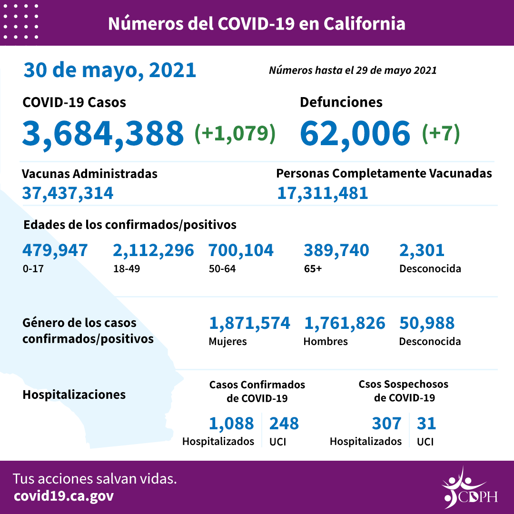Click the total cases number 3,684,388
click(103, 133)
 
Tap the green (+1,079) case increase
click(235, 134)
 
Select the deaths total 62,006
click(355, 133)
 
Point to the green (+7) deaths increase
click(441, 134)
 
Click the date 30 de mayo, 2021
click(110, 70)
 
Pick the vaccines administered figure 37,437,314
click(68, 193)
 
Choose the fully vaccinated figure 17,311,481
click(322, 193)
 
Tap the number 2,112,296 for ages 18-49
click(153, 250)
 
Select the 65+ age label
click(313, 268)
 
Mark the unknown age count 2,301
click(422, 250)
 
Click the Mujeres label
click(227, 341)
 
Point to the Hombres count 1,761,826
click(344, 323)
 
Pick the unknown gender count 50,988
click(426, 323)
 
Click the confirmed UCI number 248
click(284, 423)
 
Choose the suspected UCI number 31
click(426, 423)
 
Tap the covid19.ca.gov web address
click(64, 496)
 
